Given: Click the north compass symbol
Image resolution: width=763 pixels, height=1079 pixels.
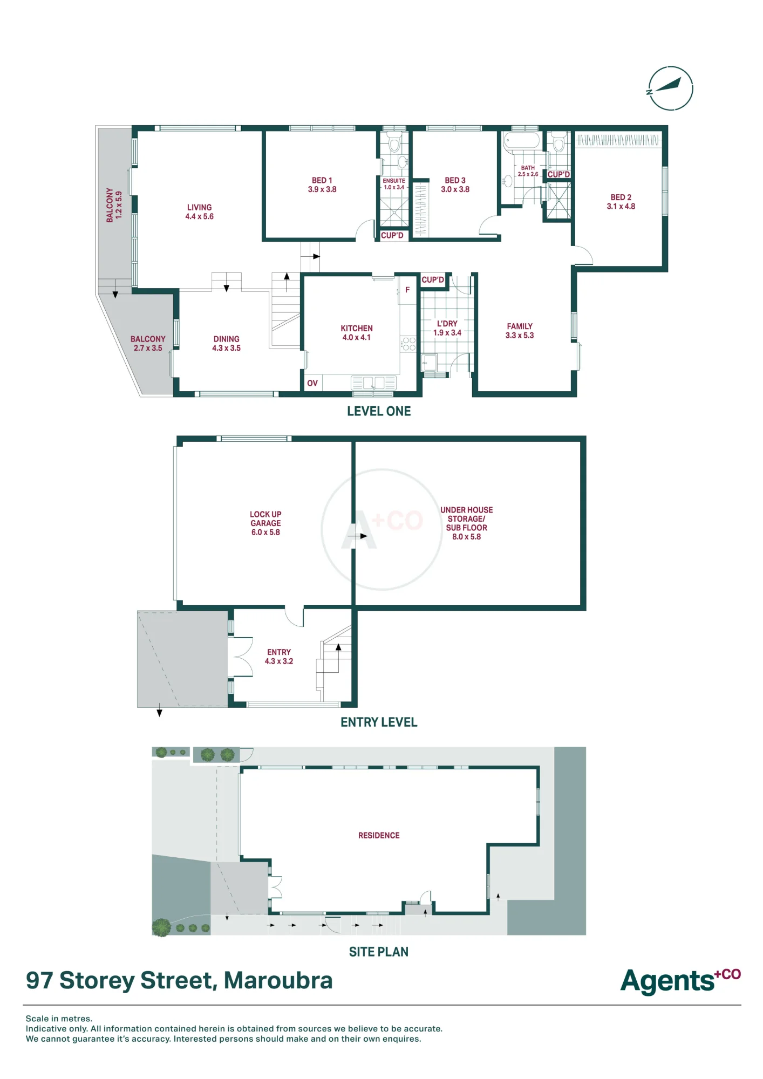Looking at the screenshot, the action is [670, 88].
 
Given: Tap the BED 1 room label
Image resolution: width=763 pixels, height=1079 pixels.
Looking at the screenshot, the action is [322, 185].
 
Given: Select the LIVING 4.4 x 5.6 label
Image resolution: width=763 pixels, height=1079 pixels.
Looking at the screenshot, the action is [200, 211].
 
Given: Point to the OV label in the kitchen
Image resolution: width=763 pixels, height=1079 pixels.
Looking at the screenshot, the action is [312, 383].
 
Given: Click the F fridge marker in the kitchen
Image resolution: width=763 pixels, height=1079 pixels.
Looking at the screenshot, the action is [407, 290].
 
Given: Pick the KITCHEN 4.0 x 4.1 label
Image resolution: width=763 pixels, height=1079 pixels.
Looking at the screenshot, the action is [357, 332].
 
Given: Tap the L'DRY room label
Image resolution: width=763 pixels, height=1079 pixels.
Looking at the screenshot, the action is [447, 328].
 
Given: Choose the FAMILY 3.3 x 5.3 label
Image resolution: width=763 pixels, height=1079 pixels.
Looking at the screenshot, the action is [520, 331].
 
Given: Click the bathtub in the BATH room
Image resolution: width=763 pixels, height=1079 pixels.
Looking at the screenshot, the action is [521, 141].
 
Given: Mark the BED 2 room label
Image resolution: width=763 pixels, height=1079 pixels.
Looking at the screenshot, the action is [621, 202].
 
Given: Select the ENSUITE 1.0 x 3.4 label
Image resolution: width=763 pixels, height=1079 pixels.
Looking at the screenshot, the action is [394, 184].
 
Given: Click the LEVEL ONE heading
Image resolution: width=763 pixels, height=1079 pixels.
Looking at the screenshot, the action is [379, 411].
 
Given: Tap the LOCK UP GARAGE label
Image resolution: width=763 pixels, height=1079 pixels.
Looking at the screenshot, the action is [265, 523].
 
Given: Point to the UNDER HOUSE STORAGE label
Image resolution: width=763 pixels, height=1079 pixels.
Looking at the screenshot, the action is [467, 523].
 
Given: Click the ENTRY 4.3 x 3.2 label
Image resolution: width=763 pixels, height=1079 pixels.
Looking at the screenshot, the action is [279, 657].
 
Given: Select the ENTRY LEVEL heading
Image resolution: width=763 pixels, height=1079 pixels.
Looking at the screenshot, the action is [379, 722].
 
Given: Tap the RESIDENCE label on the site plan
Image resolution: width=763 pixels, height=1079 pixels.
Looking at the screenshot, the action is [379, 835].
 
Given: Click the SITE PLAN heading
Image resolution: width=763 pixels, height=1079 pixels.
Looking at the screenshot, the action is [379, 952].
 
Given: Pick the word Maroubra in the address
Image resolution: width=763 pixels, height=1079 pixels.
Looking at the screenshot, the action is [278, 980].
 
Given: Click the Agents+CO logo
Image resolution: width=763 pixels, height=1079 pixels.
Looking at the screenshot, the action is [681, 981].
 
